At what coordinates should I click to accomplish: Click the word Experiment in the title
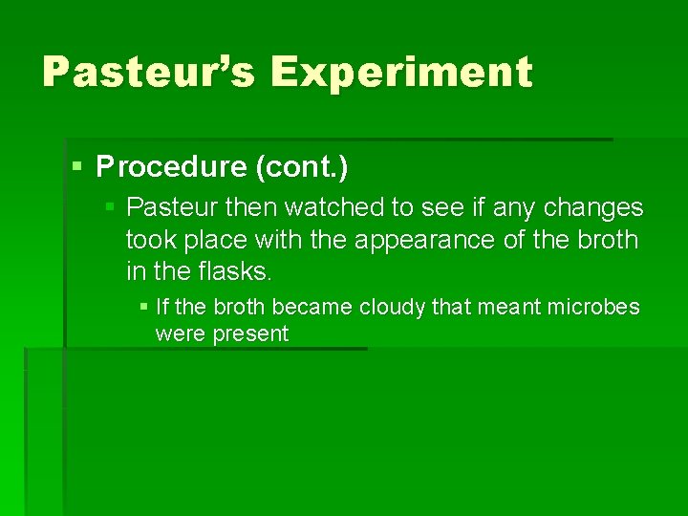(x=401, y=73)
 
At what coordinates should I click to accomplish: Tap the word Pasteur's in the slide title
(x=148, y=73)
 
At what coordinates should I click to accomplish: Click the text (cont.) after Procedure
(x=301, y=167)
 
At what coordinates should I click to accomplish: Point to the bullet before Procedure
(x=77, y=166)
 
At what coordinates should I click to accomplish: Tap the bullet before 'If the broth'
(x=142, y=307)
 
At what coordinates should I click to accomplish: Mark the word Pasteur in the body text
(x=166, y=207)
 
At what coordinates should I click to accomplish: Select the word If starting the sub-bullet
(x=161, y=307)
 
